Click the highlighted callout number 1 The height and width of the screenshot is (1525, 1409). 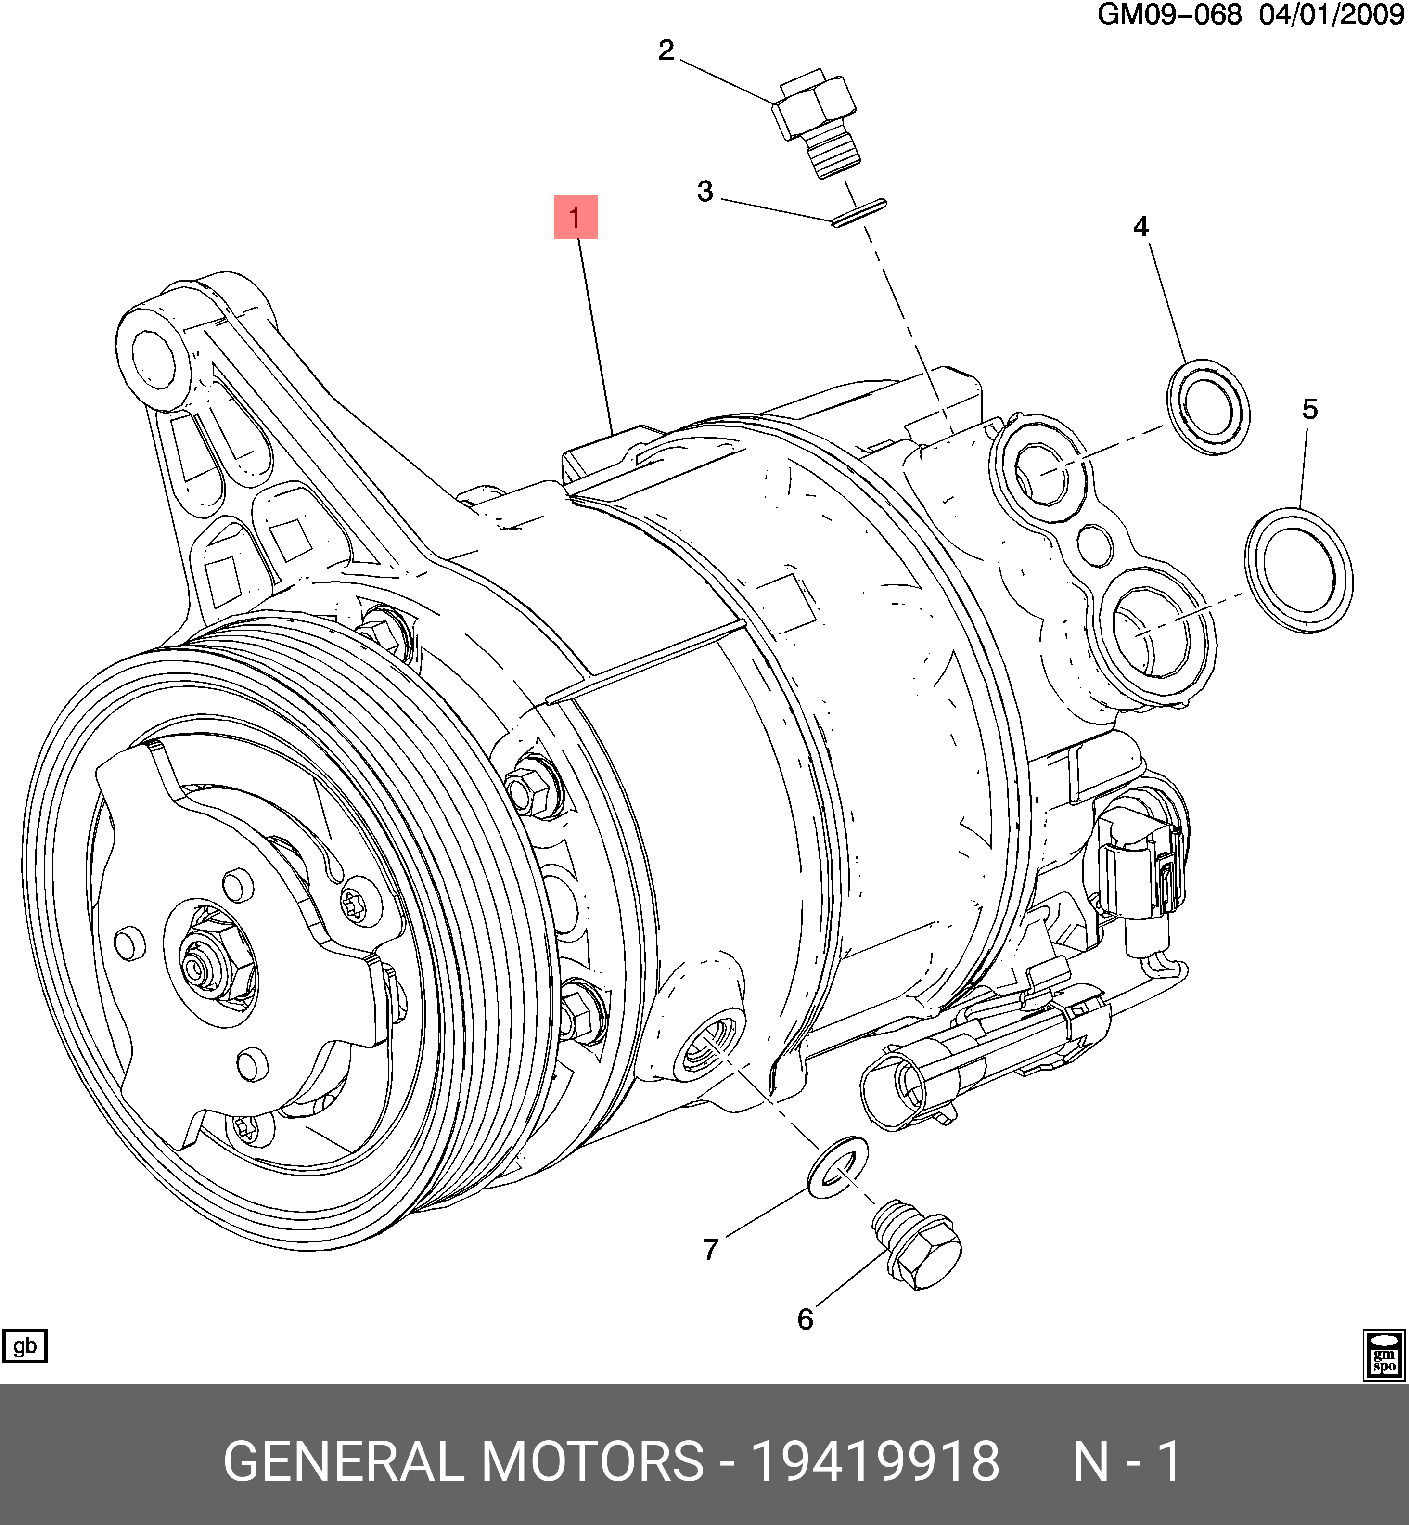[575, 217]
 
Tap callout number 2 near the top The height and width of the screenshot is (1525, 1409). [666, 51]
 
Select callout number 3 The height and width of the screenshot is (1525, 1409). [705, 192]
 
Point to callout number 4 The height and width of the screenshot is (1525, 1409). [1140, 226]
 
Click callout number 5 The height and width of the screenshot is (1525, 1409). [1310, 410]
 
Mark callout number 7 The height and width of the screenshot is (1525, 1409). [711, 1249]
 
